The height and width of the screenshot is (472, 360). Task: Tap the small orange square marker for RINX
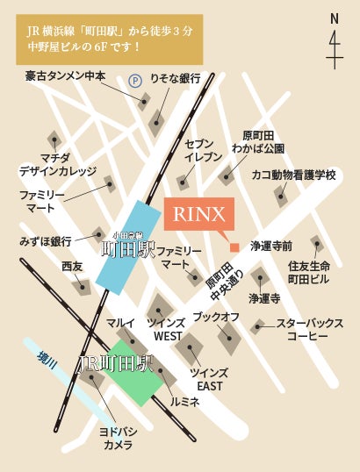(234, 247)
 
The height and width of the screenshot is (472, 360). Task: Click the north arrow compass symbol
(335, 40)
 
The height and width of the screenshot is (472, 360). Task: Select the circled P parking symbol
(135, 80)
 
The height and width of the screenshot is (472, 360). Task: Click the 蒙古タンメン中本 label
(66, 76)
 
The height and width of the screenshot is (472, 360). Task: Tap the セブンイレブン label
(198, 148)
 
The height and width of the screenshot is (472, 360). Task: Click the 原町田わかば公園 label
(259, 141)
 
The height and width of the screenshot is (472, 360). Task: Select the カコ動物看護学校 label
(293, 175)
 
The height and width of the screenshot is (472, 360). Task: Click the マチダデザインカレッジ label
(49, 163)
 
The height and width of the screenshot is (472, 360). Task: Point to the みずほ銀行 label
(46, 240)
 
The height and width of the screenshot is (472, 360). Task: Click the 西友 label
(72, 266)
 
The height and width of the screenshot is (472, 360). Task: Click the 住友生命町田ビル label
(308, 272)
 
